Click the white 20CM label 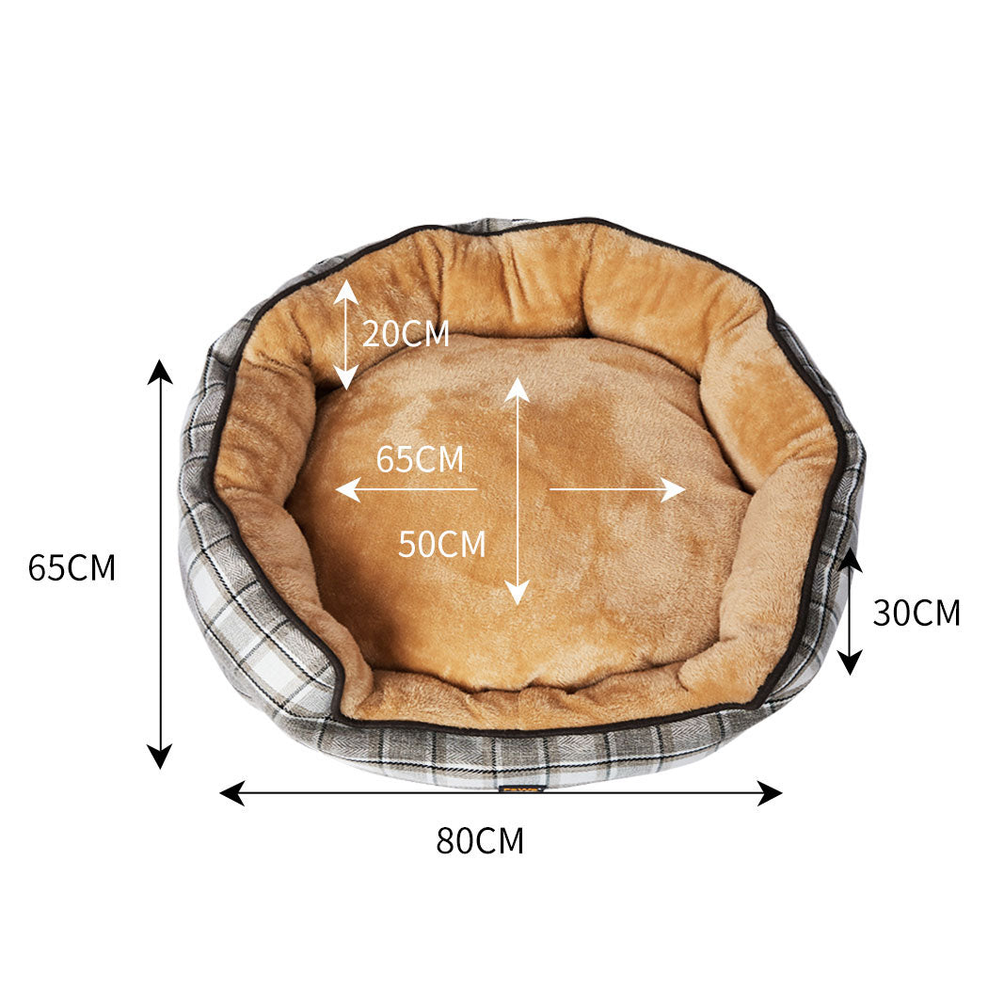(406, 334)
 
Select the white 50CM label (441, 544)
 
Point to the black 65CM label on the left (72, 568)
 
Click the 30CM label (916, 614)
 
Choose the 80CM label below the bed (480, 840)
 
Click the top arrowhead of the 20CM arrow (346, 289)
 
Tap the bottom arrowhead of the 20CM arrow (346, 379)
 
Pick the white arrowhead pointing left (347, 489)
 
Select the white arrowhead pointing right (673, 489)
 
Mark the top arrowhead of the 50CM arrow (517, 388)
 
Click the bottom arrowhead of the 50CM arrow (517, 593)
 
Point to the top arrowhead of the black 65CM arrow (161, 372)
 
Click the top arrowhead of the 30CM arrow (851, 559)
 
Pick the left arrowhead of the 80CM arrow (231, 793)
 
